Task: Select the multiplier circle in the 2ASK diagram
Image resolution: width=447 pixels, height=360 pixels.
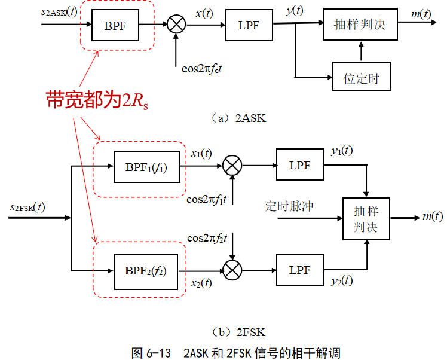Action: [x=176, y=25]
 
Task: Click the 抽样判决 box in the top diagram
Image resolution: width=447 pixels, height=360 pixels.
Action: [x=360, y=25]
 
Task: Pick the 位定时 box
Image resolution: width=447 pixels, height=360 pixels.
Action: [x=362, y=76]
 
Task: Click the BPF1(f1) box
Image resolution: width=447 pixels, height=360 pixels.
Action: [x=146, y=166]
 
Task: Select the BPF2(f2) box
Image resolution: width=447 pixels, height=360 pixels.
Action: [x=146, y=270]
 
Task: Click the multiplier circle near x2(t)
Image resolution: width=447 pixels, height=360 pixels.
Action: [x=232, y=270]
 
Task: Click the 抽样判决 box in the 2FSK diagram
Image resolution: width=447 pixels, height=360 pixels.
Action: [x=365, y=219]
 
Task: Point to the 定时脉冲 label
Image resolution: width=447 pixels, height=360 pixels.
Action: [x=289, y=207]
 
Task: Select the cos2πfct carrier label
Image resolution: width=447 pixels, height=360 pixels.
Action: [x=202, y=68]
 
